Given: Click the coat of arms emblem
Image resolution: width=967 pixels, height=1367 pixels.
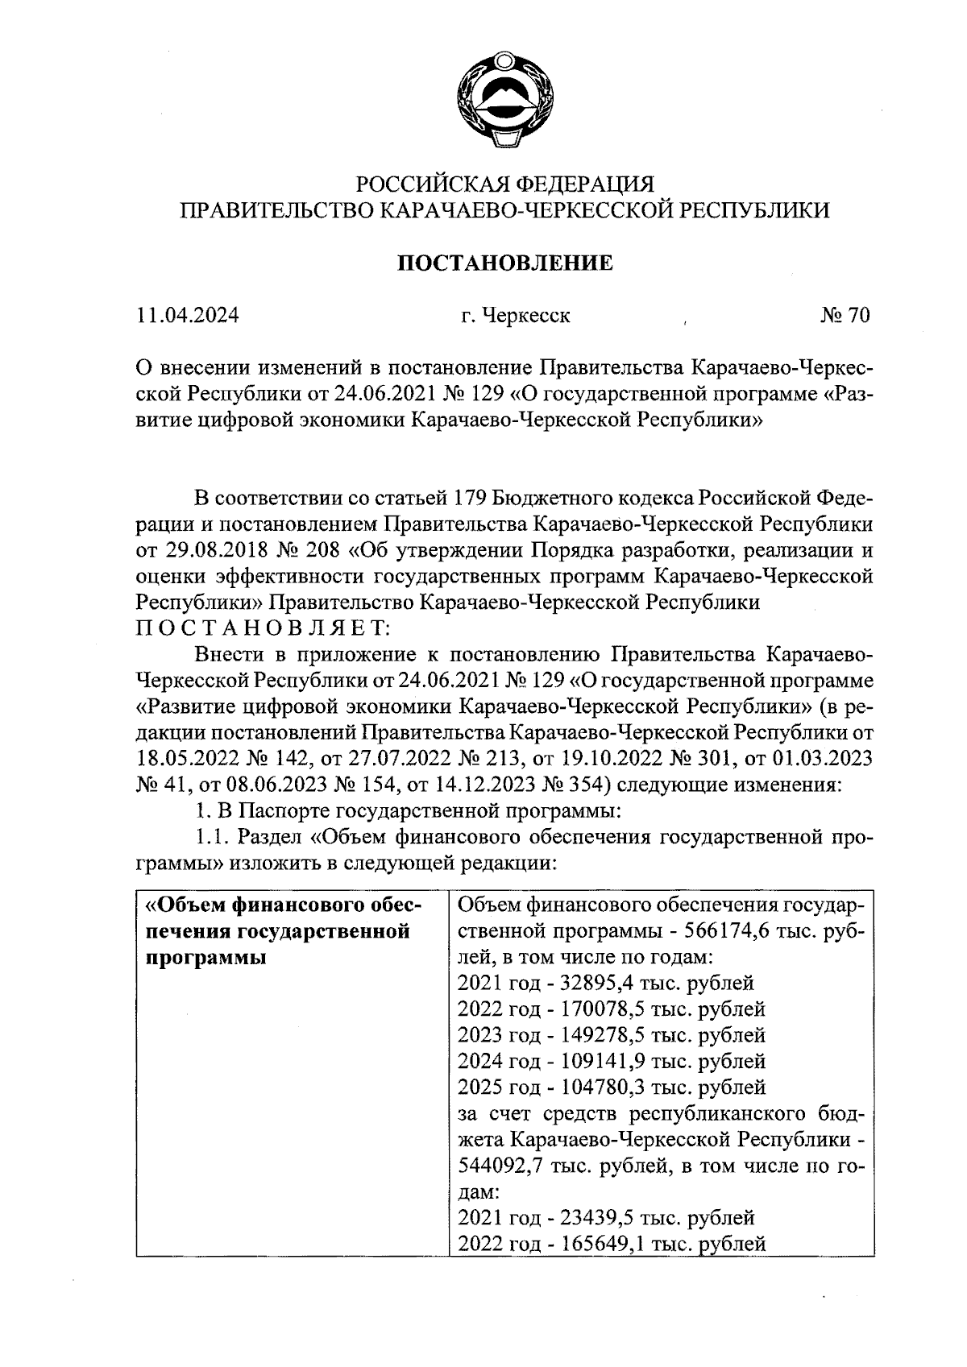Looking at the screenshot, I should [x=503, y=96].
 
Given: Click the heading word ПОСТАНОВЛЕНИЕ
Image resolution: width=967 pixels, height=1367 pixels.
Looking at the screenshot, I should [x=505, y=263].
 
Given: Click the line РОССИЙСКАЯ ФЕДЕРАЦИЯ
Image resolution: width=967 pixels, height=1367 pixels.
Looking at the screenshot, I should [x=505, y=184].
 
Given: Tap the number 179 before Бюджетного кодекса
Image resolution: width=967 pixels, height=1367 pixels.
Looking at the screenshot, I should [x=474, y=499].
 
